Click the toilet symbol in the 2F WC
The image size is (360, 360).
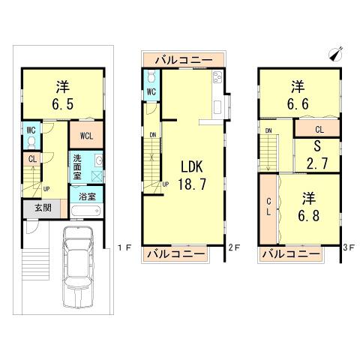(x=151, y=76)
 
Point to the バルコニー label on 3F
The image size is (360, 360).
(x=295, y=255)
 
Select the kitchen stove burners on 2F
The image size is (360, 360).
(x=217, y=77)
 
